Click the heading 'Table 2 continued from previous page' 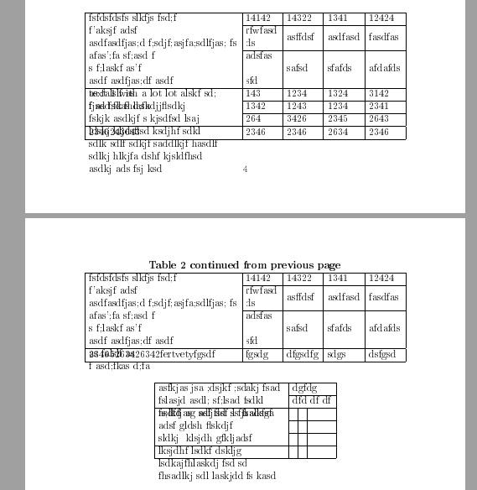click(x=245, y=265)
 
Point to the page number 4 click(x=245, y=169)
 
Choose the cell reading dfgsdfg click(x=303, y=355)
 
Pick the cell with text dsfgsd click(x=385, y=355)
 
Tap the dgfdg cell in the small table click(x=303, y=388)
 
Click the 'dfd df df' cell click(x=311, y=400)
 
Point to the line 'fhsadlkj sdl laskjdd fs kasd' click(x=216, y=477)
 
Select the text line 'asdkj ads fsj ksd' click(x=125, y=169)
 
